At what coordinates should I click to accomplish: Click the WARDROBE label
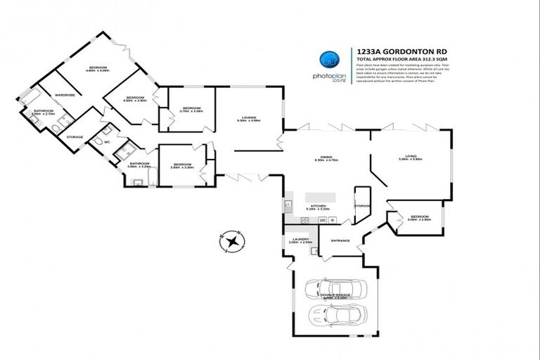tap(65, 94)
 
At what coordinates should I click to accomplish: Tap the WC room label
tap(108, 143)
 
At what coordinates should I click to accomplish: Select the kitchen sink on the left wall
tap(288, 206)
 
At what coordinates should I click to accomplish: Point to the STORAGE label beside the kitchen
tap(363, 205)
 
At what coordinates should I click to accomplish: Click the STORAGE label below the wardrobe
tap(75, 136)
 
